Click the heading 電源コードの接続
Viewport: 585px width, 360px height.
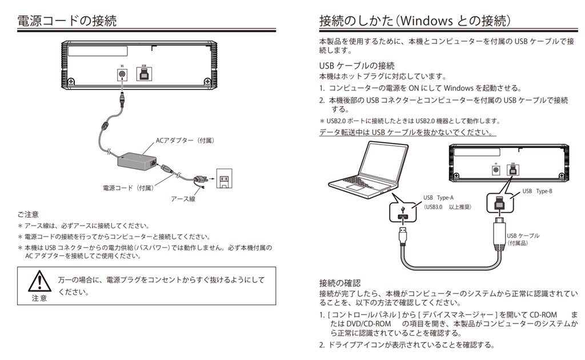point(67,21)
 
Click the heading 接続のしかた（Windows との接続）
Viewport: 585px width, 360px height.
point(415,21)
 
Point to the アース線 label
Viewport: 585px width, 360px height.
point(183,199)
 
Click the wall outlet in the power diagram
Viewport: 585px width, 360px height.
point(225,180)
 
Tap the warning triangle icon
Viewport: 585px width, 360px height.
point(40,280)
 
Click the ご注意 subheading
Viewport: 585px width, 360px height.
point(28,214)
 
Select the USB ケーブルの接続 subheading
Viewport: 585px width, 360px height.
point(356,66)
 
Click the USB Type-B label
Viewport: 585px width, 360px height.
point(537,191)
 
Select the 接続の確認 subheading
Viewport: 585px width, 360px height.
point(340,283)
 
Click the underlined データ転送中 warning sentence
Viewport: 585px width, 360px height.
point(407,133)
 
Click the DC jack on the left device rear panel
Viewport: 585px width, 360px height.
point(121,74)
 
